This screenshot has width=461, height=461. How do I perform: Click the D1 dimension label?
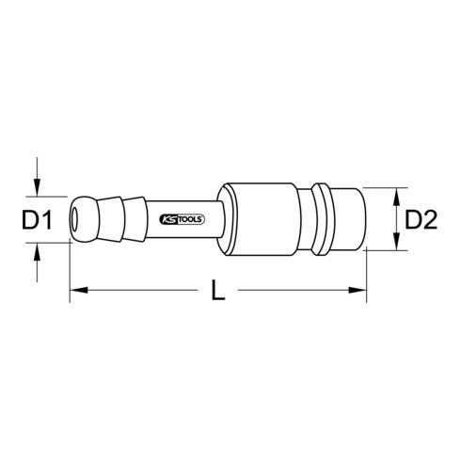point(35,222)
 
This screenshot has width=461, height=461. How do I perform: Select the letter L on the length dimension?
point(218,294)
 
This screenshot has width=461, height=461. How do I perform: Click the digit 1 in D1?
point(44,222)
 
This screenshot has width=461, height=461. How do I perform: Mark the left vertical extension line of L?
point(71,273)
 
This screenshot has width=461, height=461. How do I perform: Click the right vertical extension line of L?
point(365,273)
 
